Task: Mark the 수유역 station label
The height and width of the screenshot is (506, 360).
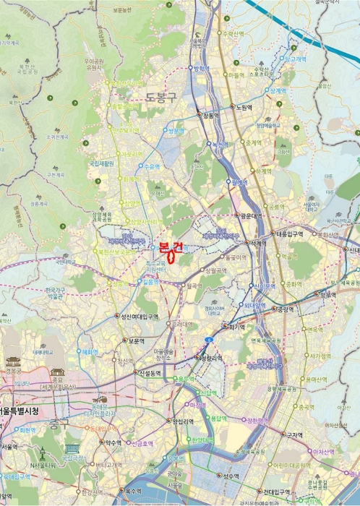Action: pyautogui.click(x=151, y=166)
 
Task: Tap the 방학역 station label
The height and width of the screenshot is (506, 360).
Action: pyautogui.click(x=202, y=68)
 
